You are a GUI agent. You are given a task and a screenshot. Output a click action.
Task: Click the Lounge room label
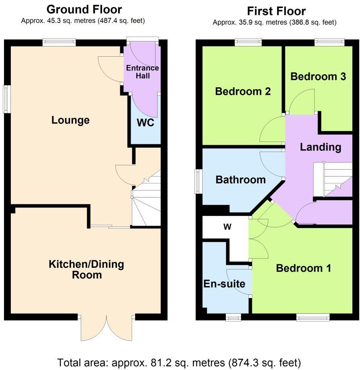pyautogui.click(x=70, y=120)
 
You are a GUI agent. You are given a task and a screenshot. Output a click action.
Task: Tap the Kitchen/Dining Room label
pyautogui.click(x=86, y=270)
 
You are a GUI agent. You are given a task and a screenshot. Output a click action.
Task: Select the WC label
pyautogui.click(x=145, y=123)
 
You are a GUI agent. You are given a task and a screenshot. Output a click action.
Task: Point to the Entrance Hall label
pyautogui.click(x=142, y=72)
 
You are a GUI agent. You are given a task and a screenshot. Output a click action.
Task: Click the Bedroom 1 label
pyautogui.click(x=303, y=268)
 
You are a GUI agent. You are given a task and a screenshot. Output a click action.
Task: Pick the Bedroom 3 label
pyautogui.click(x=318, y=76)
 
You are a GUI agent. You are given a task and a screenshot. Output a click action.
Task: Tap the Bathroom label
pyautogui.click(x=241, y=180)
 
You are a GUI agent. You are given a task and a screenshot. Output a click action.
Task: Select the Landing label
pyautogui.click(x=320, y=147)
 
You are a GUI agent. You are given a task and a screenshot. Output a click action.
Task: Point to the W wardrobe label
pyautogui.click(x=227, y=227)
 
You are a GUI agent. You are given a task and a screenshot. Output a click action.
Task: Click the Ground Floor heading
pyautogui.click(x=84, y=9)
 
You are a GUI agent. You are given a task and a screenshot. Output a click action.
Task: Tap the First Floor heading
pyautogui.click(x=276, y=11)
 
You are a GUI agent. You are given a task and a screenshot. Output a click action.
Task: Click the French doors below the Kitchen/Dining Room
pyautogui.click(x=106, y=327)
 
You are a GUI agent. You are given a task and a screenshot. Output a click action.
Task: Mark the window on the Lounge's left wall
pyautogui.click(x=6, y=99)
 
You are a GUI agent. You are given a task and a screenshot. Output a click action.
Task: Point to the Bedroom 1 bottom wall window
pyautogui.click(x=313, y=318)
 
